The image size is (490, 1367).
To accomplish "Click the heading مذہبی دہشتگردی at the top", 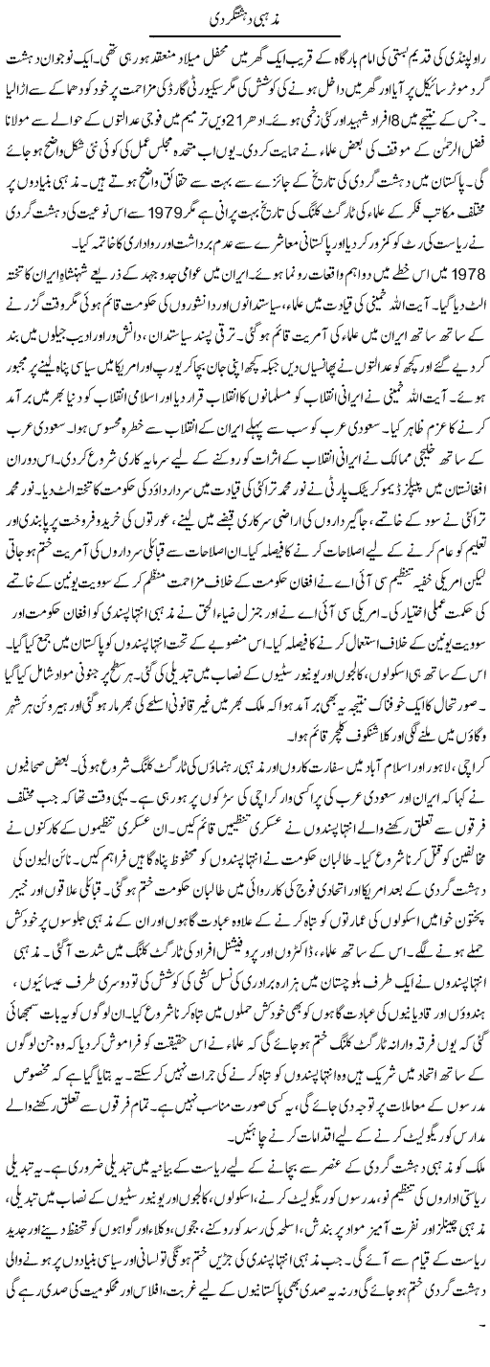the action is pos(244,20).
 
